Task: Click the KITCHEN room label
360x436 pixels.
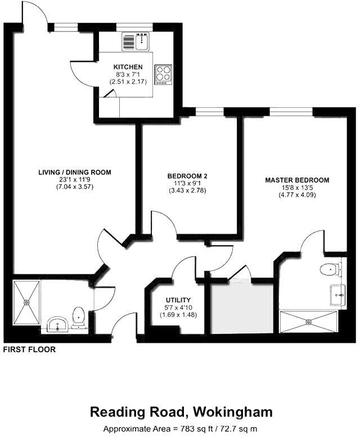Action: pos(123,67)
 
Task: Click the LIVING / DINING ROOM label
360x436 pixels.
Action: pos(75,172)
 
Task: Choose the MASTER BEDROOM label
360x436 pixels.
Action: pos(297,180)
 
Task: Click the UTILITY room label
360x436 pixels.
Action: pos(178,299)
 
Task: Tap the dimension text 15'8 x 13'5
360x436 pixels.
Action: pos(297,188)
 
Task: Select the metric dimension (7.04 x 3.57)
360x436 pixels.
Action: pos(75,187)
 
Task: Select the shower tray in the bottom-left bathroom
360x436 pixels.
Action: pos(26,302)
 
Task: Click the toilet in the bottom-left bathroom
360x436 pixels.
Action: pos(79,315)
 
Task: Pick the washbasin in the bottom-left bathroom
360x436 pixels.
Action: pos(57,324)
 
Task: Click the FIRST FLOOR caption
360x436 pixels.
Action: pos(29,349)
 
